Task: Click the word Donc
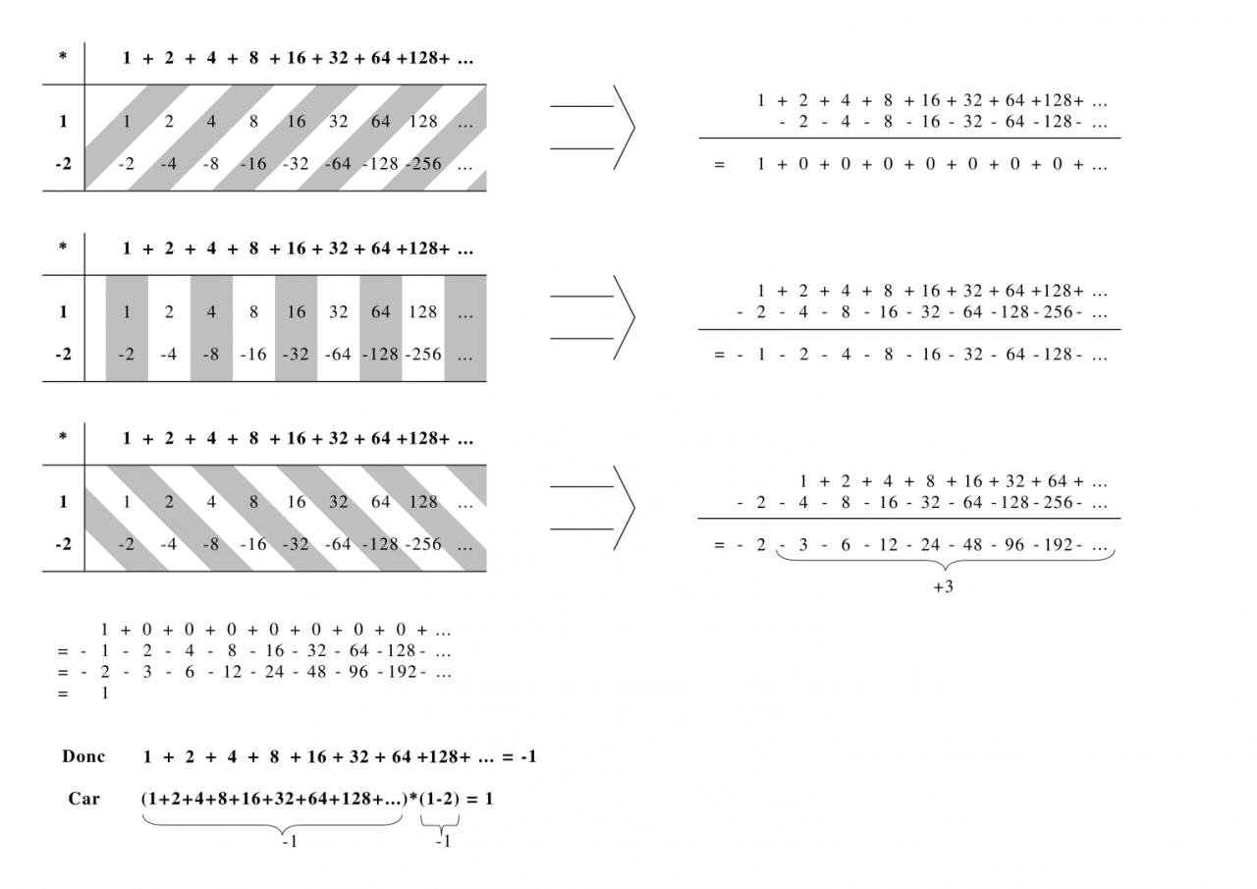(x=83, y=756)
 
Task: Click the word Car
(x=83, y=799)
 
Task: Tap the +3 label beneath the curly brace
(x=943, y=588)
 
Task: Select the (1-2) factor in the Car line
(x=439, y=800)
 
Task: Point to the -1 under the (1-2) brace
(x=443, y=842)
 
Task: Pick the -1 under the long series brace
(x=290, y=842)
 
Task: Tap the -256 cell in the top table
(x=423, y=164)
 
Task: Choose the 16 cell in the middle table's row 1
(x=296, y=312)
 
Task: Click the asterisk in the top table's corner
(x=63, y=57)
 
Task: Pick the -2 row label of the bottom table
(x=63, y=544)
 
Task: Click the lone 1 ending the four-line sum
(x=105, y=694)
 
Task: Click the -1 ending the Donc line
(x=527, y=757)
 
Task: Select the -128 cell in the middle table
(x=380, y=355)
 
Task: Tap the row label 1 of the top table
(x=63, y=122)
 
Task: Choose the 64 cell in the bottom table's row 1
(x=380, y=502)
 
